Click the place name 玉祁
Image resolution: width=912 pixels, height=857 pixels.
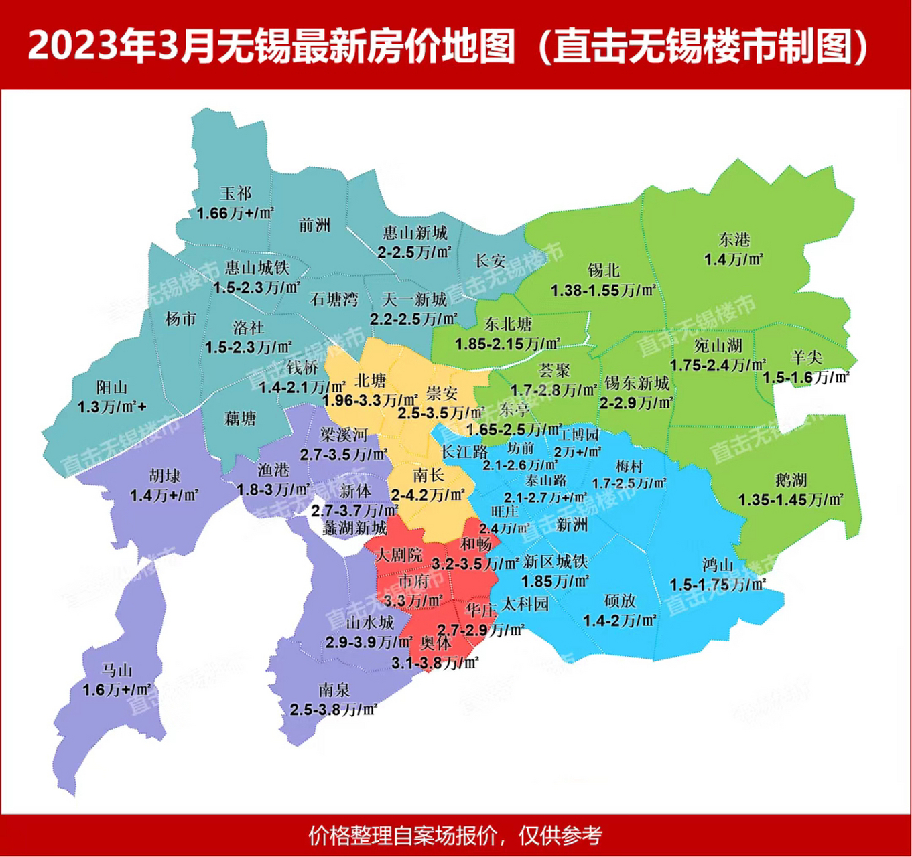click(x=235, y=193)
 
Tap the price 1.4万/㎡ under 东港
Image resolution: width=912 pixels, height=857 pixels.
click(x=734, y=260)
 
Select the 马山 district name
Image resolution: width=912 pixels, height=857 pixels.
click(x=117, y=670)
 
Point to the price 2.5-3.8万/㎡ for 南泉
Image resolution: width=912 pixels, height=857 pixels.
click(x=333, y=710)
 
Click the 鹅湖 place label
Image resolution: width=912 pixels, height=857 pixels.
click(x=791, y=480)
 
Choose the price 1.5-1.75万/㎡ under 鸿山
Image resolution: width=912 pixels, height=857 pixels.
click(x=717, y=585)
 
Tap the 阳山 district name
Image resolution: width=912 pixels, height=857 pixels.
click(x=111, y=387)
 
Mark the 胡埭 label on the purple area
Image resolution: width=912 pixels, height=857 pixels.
click(x=164, y=476)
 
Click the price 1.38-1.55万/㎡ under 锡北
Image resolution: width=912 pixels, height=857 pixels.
click(x=603, y=291)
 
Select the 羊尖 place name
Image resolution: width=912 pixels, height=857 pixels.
click(x=806, y=358)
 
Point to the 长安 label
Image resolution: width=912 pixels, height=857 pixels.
click(x=490, y=260)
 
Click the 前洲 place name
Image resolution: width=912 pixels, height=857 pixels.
click(x=314, y=225)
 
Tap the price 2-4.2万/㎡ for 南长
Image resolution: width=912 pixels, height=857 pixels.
click(x=428, y=495)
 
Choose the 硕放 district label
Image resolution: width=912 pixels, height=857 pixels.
click(x=619, y=601)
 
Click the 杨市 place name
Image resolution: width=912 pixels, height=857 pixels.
click(x=181, y=319)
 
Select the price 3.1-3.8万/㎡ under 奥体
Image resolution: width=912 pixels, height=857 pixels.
click(x=435, y=663)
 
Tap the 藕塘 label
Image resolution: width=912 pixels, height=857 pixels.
click(x=240, y=418)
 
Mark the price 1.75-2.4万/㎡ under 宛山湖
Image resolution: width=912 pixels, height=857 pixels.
click(x=718, y=366)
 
